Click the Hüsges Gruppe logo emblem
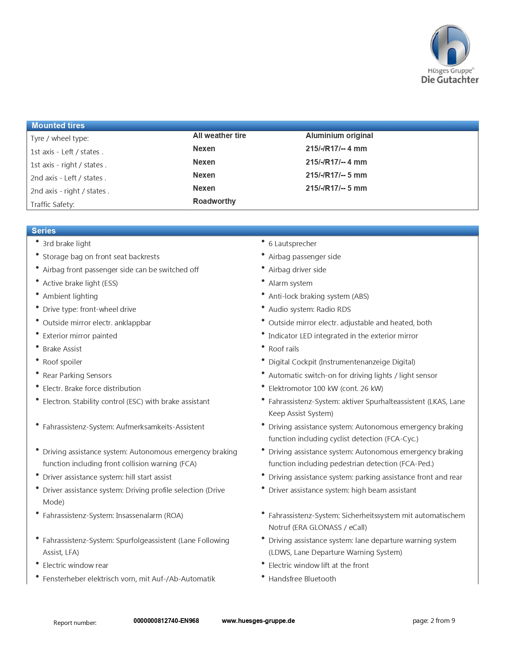tap(450, 46)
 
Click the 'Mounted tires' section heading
tap(58, 125)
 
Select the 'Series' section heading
tap(44, 231)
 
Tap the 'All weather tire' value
tap(219, 135)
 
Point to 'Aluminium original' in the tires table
tap(339, 135)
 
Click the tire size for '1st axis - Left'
tap(336, 148)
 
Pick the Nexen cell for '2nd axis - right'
tap(204, 188)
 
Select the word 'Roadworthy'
tap(214, 201)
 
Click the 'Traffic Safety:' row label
tap(52, 204)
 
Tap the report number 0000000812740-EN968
tap(166, 621)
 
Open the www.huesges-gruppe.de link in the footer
tap(258, 621)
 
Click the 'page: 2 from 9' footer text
tap(434, 621)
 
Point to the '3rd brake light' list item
tap(67, 243)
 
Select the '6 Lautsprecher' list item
tap(292, 243)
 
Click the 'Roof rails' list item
tap(284, 349)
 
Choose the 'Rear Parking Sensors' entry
tap(77, 375)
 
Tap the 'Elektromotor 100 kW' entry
tap(326, 388)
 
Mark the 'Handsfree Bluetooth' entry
tap(302, 579)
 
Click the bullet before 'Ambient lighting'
tap(37, 294)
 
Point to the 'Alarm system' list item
tap(290, 283)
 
